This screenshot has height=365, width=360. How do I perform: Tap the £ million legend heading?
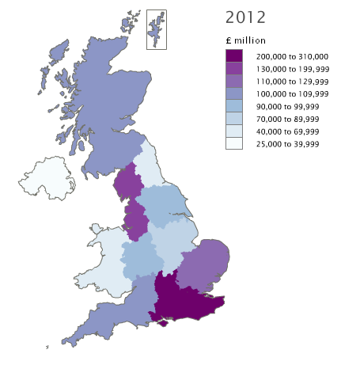[245, 40]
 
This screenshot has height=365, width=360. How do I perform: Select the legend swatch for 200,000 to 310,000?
[233, 56]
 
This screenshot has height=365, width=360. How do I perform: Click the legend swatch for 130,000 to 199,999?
[233, 69]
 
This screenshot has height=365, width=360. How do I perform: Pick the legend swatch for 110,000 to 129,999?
[233, 82]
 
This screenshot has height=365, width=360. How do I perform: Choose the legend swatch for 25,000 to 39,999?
[233, 143]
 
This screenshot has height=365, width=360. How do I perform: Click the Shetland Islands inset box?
[156, 29]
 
